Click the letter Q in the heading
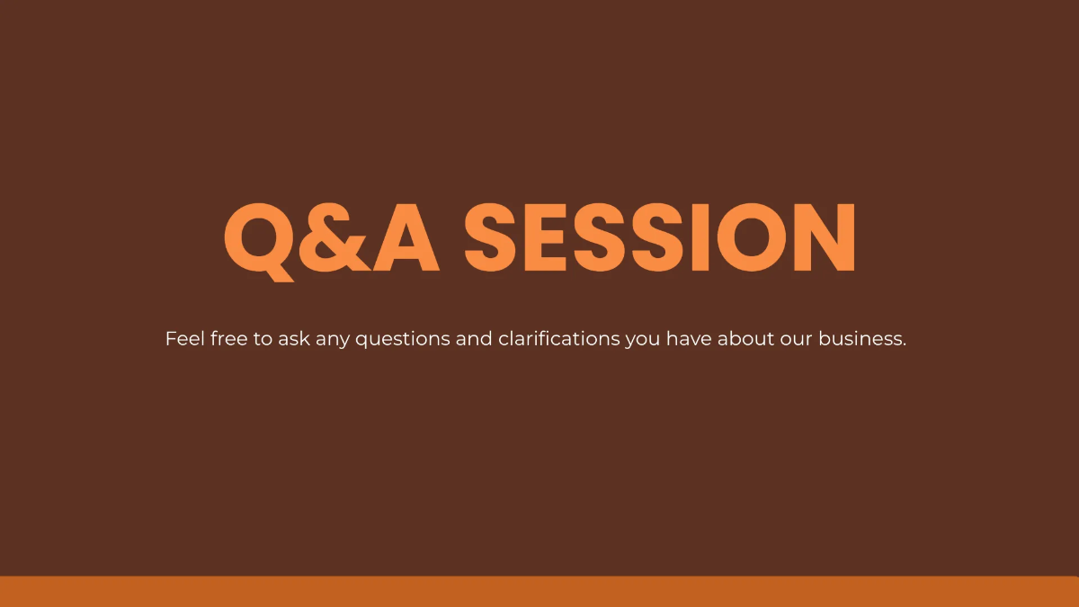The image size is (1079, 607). [x=260, y=238]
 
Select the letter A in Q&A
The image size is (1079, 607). [x=406, y=238]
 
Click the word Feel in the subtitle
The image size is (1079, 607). [x=184, y=339]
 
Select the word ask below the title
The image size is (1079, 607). [x=294, y=339]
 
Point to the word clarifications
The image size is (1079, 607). [x=558, y=339]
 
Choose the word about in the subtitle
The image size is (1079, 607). [x=740, y=339]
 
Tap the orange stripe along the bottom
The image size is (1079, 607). [x=539, y=592]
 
